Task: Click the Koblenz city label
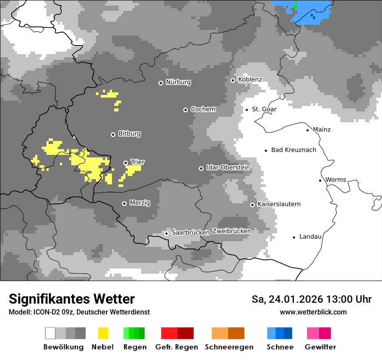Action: [250, 79]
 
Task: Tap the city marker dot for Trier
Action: [126, 163]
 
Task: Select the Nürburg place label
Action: [178, 82]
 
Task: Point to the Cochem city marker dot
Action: [185, 110]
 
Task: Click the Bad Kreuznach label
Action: [293, 150]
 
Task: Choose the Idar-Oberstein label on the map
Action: [228, 167]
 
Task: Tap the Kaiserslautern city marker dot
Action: [252, 205]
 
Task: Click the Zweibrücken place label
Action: [231, 231]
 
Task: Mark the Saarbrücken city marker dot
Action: [166, 233]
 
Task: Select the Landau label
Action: [310, 237]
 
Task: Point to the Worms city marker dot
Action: [320, 180]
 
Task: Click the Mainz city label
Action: [321, 130]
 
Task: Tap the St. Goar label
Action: [264, 109]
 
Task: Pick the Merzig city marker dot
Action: [125, 203]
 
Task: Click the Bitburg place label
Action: [129, 134]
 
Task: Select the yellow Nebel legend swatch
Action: [103, 333]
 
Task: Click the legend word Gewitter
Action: [320, 347]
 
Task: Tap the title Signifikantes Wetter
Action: [72, 299]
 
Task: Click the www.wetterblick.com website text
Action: [313, 312]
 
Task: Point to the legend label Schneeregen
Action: [229, 347]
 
